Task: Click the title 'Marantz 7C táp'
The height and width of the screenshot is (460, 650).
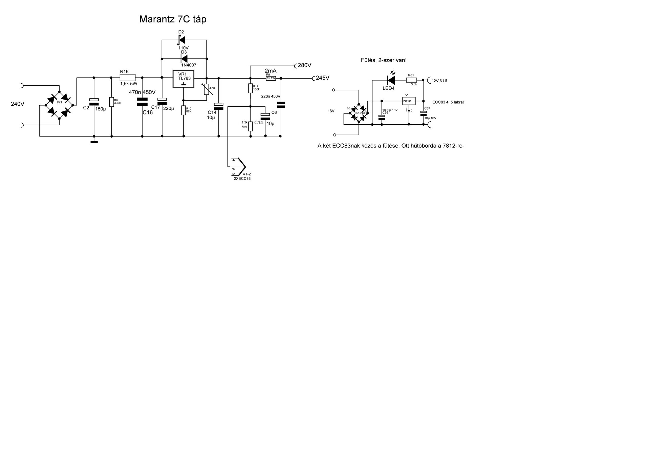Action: point(173,19)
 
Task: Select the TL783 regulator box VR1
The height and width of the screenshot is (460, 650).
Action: point(183,79)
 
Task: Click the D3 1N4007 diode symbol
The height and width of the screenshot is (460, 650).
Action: point(184,59)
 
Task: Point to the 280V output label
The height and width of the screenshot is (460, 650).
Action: point(304,65)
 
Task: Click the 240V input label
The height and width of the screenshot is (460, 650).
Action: point(18,104)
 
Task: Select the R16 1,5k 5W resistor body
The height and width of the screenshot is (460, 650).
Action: point(128,78)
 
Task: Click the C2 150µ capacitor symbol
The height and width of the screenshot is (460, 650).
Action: point(94,102)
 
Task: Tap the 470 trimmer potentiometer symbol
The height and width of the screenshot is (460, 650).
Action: point(207,89)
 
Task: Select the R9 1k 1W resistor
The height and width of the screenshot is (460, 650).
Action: point(271,78)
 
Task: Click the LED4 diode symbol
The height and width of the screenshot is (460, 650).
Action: point(391,80)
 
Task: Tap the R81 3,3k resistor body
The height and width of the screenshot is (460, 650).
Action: point(411,80)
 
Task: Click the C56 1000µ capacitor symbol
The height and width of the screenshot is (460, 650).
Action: point(382,117)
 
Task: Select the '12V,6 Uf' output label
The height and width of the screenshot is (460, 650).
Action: point(439,81)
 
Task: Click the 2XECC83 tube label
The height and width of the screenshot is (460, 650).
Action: point(242,179)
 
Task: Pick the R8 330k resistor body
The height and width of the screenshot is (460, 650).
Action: point(111,102)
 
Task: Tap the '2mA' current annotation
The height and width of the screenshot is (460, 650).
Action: point(270,71)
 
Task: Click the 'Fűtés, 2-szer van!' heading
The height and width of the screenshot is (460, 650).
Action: point(384,60)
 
